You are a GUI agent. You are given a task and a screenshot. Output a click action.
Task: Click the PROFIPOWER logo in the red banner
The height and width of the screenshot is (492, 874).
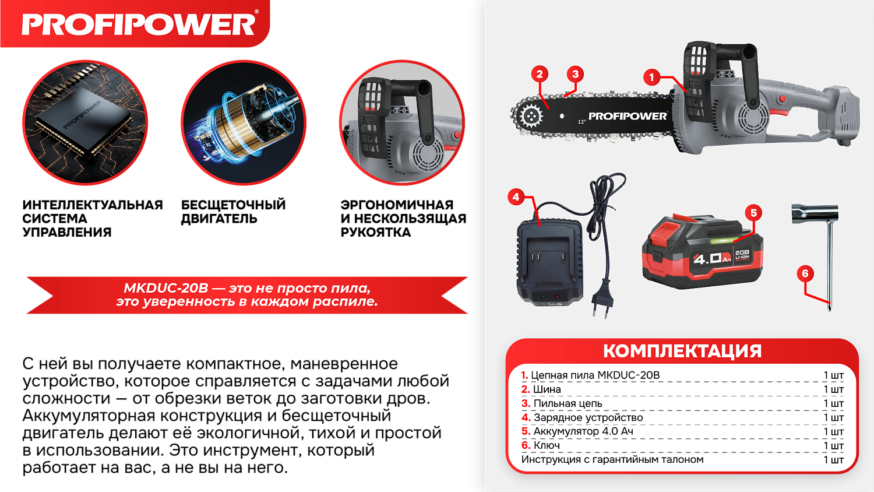click(139, 24)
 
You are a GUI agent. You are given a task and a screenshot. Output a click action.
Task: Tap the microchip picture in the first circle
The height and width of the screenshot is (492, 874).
click(85, 123)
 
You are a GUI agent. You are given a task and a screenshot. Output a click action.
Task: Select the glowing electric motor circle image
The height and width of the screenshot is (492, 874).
click(244, 123)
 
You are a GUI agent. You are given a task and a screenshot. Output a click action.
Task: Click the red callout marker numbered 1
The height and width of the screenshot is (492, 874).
click(652, 77)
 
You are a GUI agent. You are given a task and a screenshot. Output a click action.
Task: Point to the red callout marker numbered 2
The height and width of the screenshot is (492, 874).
click(540, 74)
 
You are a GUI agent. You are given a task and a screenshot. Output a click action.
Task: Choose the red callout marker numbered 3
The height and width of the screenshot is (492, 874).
click(575, 74)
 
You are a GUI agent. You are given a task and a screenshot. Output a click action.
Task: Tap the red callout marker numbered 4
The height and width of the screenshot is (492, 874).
click(516, 197)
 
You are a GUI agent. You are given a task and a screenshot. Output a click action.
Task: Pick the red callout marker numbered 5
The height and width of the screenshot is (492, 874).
click(753, 213)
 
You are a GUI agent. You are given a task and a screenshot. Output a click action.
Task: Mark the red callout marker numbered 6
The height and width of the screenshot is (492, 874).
click(805, 273)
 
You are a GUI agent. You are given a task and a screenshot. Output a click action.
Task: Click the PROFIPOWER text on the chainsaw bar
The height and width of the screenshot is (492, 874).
click(628, 116)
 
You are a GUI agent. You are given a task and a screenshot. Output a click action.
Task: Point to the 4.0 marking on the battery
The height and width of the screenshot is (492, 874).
click(707, 258)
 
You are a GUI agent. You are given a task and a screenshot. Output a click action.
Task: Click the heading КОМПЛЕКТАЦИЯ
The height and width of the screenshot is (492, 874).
click(682, 351)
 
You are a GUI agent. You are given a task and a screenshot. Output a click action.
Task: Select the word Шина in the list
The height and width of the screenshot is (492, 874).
click(547, 389)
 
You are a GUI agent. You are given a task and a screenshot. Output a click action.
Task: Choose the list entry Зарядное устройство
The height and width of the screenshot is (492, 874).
click(588, 417)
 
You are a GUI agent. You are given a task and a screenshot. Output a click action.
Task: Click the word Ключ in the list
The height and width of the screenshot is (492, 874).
click(547, 445)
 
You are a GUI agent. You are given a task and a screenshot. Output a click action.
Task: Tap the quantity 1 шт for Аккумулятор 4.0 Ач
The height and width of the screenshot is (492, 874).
click(833, 431)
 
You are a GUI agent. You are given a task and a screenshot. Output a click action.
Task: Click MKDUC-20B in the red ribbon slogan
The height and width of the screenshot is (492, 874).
click(166, 288)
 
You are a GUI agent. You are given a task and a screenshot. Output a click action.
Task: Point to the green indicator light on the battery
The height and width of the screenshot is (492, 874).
click(722, 240)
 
